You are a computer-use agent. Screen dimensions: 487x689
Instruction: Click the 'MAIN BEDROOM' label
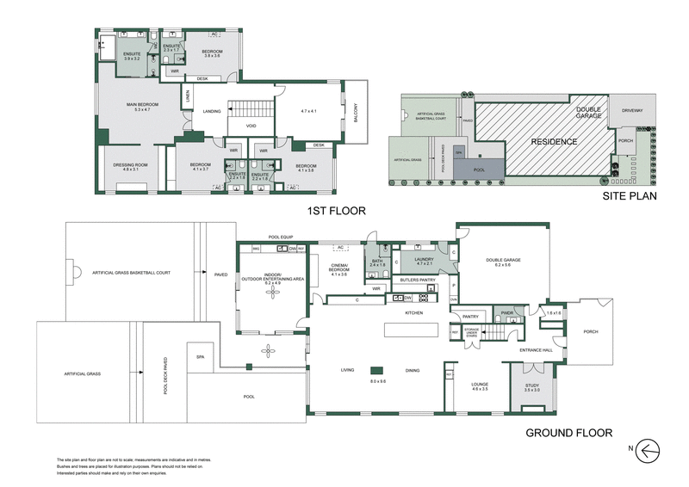pyautogui.click(x=131, y=106)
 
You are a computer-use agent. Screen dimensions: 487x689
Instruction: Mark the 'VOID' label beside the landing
pyautogui.click(x=251, y=126)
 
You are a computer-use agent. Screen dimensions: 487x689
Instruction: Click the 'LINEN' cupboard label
pyautogui.click(x=187, y=102)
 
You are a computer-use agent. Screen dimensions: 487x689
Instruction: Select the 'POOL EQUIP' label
pyautogui.click(x=282, y=236)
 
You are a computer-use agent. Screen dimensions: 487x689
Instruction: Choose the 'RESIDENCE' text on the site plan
pyautogui.click(x=553, y=141)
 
